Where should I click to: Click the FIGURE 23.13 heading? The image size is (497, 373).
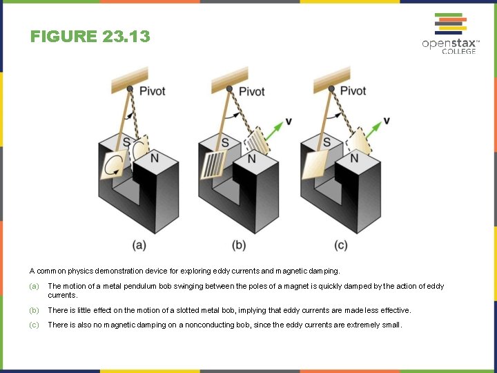pos(90,37)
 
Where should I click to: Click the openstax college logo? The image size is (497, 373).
pos(449,34)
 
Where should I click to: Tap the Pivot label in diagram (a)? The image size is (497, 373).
pos(152,91)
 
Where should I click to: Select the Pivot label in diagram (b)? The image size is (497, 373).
pos(252,91)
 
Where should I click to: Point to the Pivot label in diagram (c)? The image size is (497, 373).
pos(353,90)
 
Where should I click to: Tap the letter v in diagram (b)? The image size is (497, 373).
pos(288,122)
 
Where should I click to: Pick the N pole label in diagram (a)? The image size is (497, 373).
pos(154,158)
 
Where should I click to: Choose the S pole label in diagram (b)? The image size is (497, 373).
pos(225,143)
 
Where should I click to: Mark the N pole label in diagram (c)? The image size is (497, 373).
pos(354,158)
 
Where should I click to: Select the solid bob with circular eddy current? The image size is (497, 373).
pos(115,165)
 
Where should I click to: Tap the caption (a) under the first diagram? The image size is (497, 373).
pos(139,245)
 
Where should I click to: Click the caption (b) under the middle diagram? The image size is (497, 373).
pos(240,245)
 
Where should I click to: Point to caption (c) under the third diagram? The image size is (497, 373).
pos(340,245)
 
